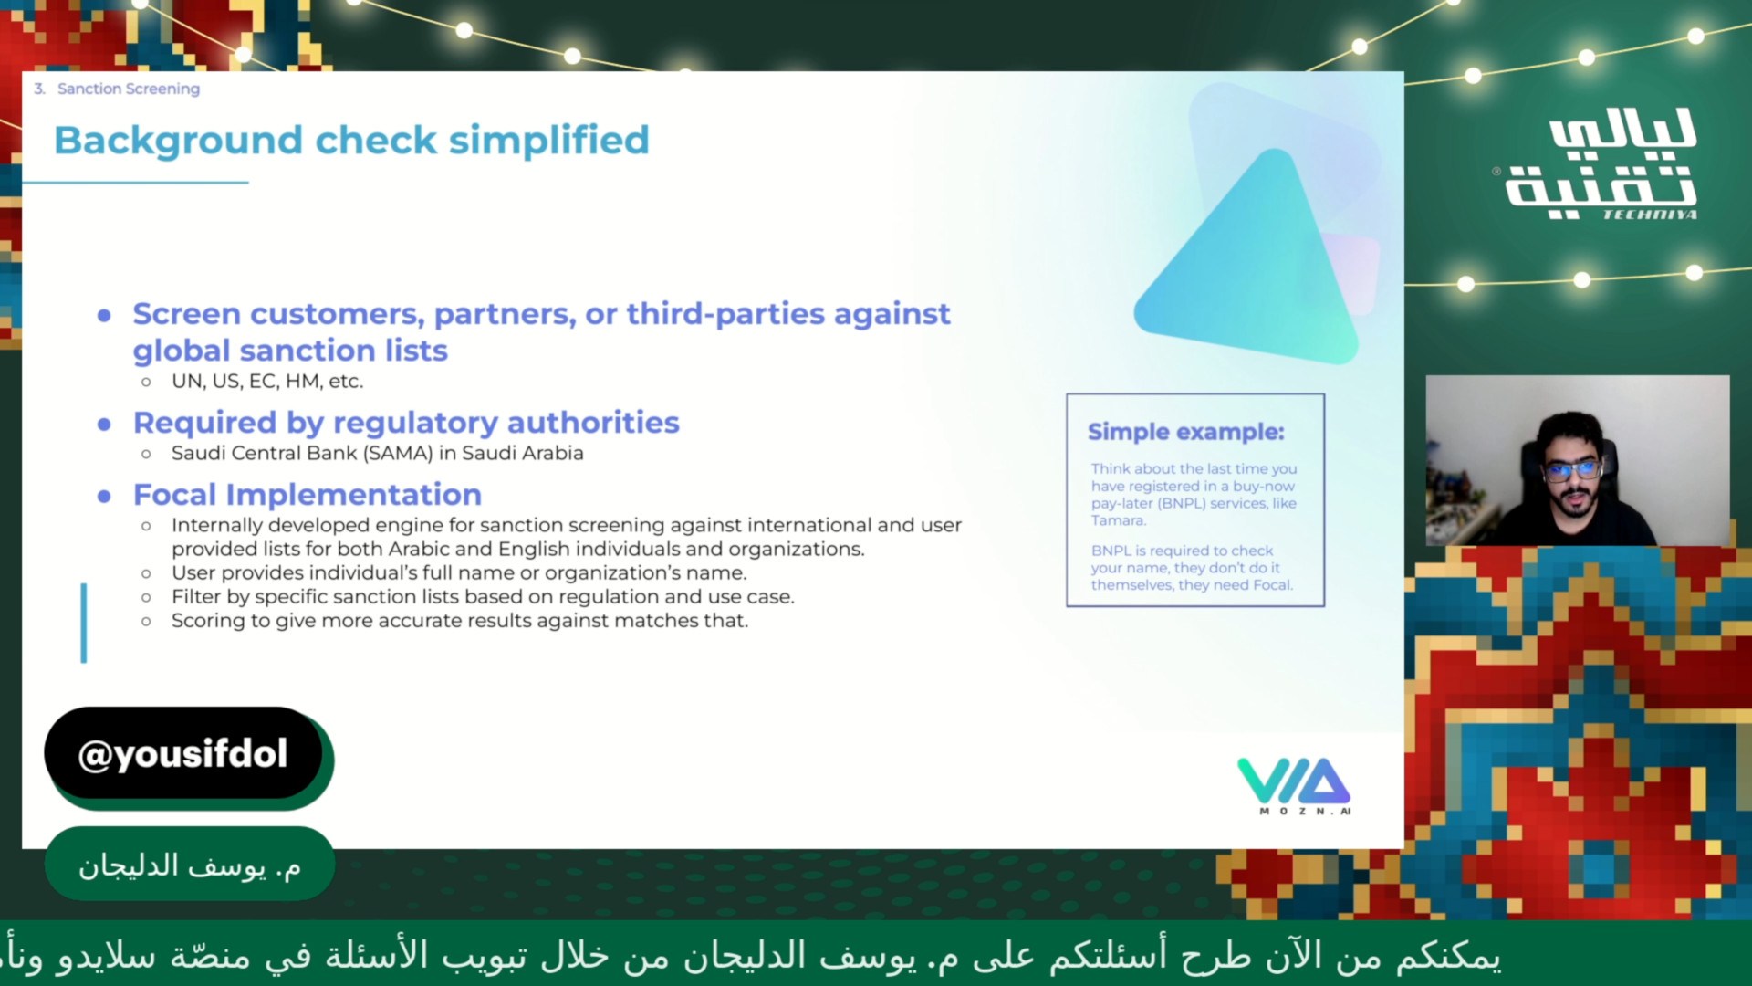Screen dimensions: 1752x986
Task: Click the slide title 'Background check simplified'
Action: click(x=351, y=141)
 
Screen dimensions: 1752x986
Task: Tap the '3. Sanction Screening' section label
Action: click(x=117, y=89)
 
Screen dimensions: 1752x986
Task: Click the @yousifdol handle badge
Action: click(x=183, y=754)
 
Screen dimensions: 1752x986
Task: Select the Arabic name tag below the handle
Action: click(x=190, y=865)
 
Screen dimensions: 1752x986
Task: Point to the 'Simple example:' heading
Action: click(x=1185, y=432)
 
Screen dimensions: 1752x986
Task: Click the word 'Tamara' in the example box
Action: click(x=1118, y=520)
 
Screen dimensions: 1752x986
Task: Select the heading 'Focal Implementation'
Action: click(x=308, y=495)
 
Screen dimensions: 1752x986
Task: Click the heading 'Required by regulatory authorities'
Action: click(x=406, y=423)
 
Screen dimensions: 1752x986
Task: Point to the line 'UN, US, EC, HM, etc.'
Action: click(x=267, y=382)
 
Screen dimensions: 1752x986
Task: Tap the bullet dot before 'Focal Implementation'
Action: click(x=104, y=497)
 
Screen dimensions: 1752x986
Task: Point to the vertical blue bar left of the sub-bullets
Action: click(x=84, y=623)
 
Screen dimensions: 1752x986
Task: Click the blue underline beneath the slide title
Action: click(x=135, y=183)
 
